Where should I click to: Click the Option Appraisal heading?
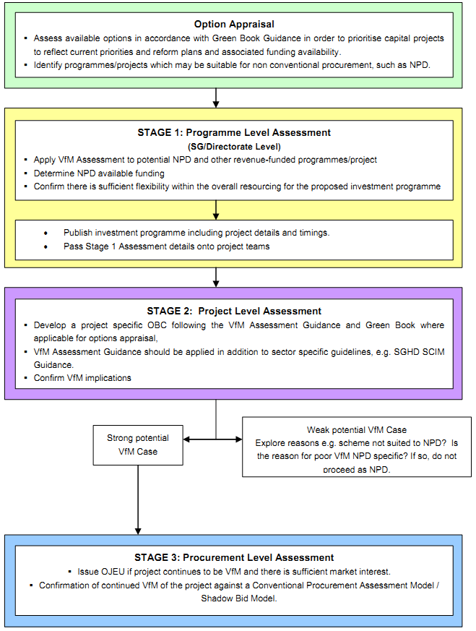pos(234,24)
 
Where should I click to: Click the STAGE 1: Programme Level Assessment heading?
pos(234,133)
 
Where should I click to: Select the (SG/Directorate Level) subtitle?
pos(234,147)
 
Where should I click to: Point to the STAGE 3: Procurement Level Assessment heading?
pos(234,557)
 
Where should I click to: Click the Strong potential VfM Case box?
pos(137,445)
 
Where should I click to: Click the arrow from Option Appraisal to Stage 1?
pos(216,98)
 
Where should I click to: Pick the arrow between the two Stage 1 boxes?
pos(216,210)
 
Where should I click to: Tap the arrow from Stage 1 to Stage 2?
pos(216,277)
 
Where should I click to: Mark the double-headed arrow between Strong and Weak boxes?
pos(213,439)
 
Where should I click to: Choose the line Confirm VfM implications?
pos(82,377)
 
